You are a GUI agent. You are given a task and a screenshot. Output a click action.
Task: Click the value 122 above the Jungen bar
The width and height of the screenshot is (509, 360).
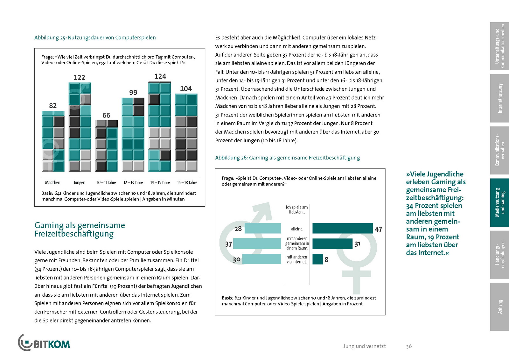tap(80, 77)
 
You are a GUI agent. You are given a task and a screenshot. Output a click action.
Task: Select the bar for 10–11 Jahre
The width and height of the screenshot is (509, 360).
tap(107, 145)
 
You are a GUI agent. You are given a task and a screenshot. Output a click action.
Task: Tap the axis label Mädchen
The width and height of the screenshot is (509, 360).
tap(53, 183)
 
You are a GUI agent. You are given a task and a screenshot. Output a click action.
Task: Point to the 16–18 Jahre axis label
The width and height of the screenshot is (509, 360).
tap(187, 183)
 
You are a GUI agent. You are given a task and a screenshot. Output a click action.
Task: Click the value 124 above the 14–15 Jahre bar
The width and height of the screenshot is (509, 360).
tap(160, 76)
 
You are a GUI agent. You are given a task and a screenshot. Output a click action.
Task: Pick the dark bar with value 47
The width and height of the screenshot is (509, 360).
tap(343, 229)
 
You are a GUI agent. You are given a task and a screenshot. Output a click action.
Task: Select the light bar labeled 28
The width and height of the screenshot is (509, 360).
tap(263, 229)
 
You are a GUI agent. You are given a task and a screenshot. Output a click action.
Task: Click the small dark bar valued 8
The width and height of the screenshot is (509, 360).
tap(317, 259)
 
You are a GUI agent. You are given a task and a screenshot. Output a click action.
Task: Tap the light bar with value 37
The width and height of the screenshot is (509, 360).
tap(257, 244)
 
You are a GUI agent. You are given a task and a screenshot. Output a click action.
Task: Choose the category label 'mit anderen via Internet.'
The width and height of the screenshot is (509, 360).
tap(297, 259)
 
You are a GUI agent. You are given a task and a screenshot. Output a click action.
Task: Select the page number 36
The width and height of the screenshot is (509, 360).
tap(409, 346)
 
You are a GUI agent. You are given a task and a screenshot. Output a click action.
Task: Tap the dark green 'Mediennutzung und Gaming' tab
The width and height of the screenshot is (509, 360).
tap(499, 203)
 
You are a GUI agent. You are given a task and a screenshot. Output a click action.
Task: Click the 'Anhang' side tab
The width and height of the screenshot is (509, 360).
tap(499, 307)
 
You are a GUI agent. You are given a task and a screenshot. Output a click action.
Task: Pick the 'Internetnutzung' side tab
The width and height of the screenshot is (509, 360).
tap(499, 98)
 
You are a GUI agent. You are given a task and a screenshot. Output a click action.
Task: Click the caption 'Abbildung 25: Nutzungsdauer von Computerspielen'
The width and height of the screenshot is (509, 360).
tap(95, 38)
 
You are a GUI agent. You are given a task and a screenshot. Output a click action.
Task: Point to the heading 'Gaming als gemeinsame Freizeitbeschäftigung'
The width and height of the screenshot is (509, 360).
tap(80, 229)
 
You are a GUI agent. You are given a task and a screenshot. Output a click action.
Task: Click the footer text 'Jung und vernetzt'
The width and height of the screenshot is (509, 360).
tap(364, 346)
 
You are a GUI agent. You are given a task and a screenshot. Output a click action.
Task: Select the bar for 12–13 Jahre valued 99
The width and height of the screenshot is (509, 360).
tap(133, 134)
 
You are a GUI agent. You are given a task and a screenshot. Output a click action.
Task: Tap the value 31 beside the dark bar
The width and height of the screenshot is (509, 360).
tap(358, 244)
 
